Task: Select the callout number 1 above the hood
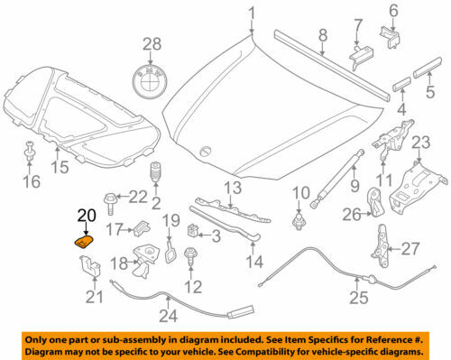253,13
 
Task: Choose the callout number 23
421,142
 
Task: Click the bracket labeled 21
89,268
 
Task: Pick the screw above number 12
190,259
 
